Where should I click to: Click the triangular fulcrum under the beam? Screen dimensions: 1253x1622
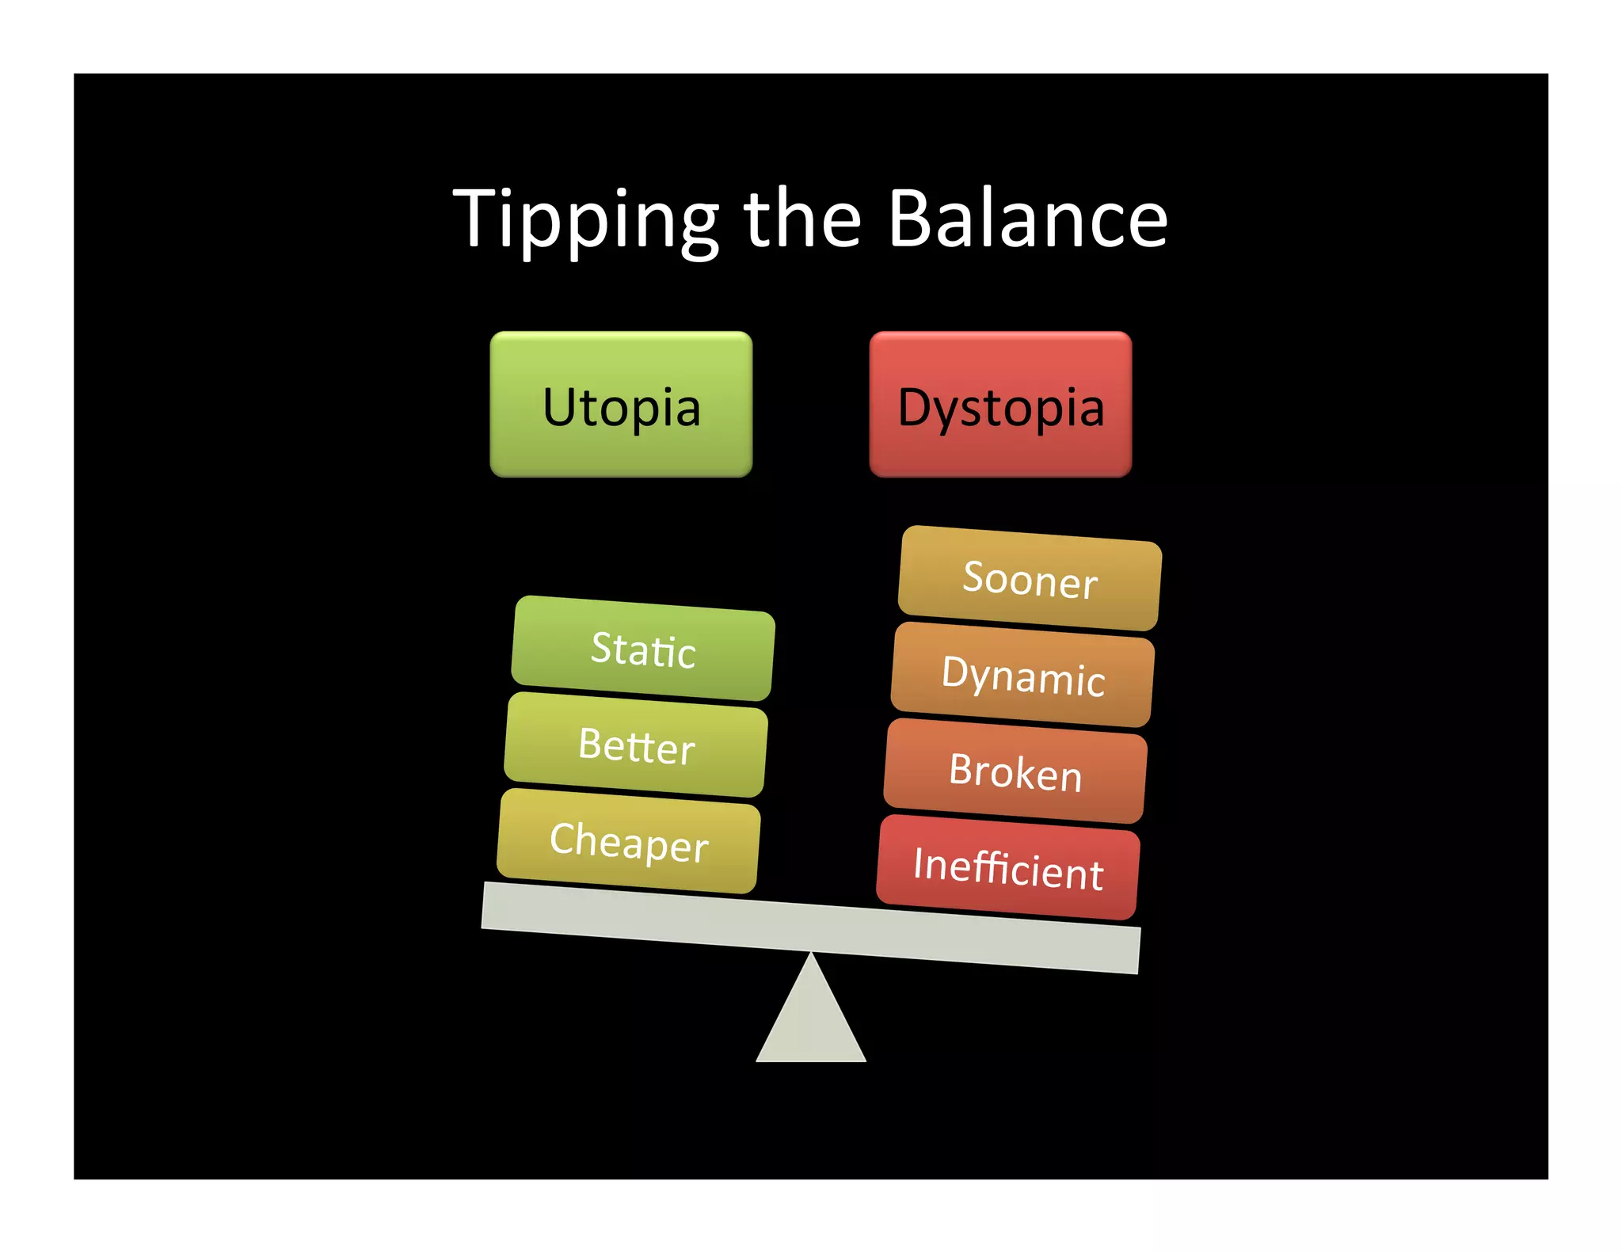point(811,1022)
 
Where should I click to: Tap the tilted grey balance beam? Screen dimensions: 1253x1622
point(811,927)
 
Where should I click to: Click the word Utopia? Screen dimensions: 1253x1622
point(622,408)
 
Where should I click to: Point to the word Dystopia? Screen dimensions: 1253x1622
point(1000,408)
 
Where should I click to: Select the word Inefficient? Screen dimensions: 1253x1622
point(1008,868)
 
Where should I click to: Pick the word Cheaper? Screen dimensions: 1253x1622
point(629,842)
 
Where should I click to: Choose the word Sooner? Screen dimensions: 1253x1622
point(1030,579)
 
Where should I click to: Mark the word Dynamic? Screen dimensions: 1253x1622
point(1022,676)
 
